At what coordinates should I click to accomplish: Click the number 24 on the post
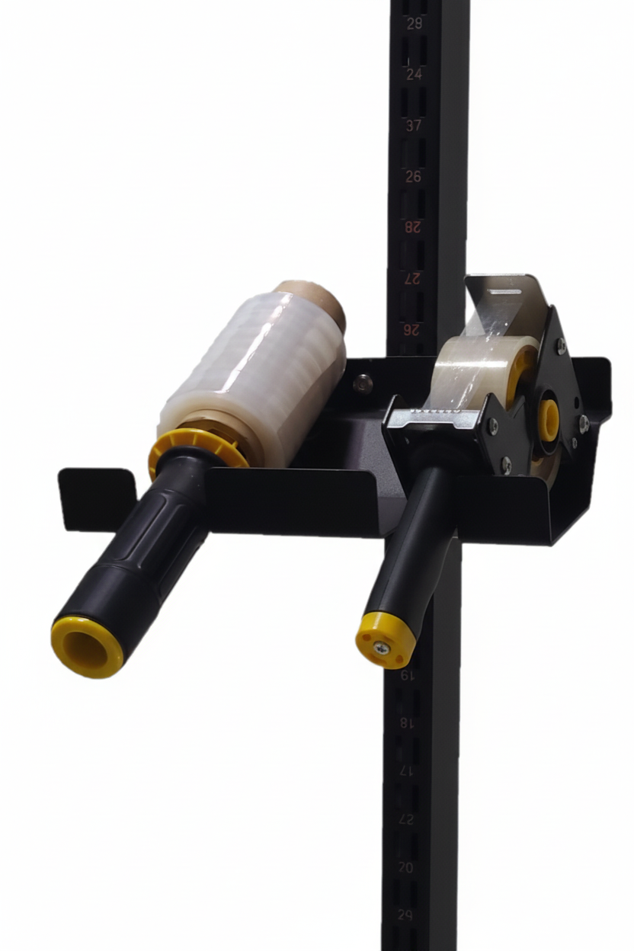coord(414,75)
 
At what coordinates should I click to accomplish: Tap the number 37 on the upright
coord(414,125)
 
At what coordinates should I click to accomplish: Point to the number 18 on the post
coord(407,722)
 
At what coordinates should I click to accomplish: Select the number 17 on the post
coord(407,770)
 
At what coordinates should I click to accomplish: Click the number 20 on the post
coord(406,867)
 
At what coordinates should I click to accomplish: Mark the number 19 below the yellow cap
coord(408,675)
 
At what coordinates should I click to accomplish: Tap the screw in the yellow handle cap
coord(380,648)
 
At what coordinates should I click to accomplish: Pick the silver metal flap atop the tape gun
coord(503,302)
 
